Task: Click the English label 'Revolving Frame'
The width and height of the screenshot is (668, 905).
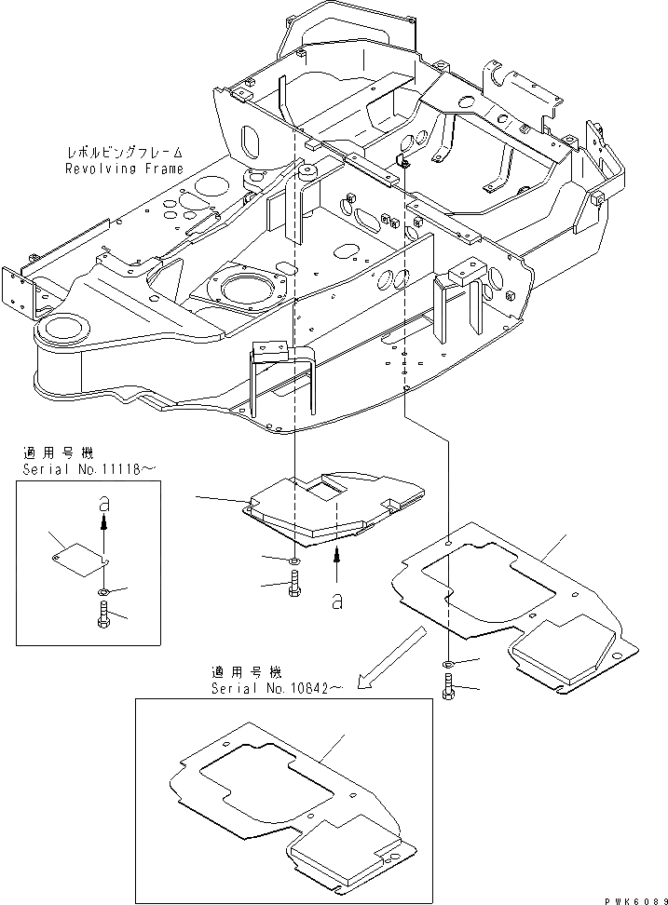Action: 124,169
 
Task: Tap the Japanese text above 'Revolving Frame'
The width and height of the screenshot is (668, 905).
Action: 124,152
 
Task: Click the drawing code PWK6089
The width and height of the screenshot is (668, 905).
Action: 633,896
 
